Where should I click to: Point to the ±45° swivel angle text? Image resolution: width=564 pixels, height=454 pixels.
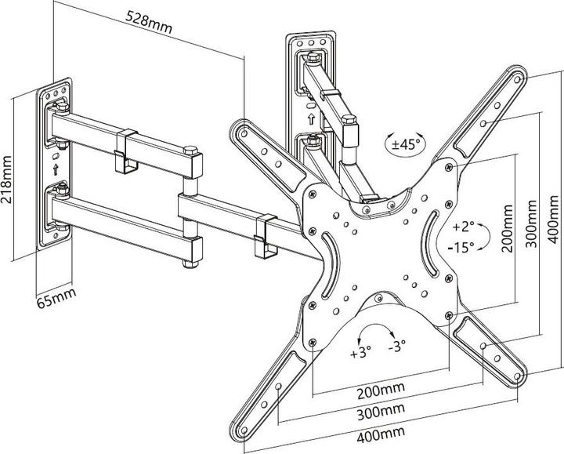(406, 144)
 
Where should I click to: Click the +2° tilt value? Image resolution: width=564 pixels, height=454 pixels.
(464, 227)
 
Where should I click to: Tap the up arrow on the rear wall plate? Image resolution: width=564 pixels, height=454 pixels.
(311, 120)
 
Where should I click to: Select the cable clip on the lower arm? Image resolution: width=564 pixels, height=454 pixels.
(263, 235)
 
